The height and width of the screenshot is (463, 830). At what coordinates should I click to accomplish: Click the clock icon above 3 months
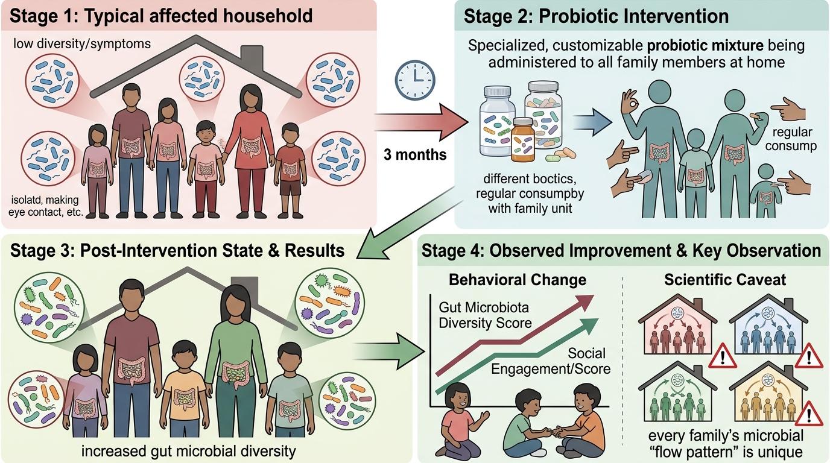[x=414, y=80]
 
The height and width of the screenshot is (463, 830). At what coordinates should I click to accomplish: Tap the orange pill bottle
[x=523, y=140]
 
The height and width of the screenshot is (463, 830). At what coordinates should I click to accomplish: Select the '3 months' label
[x=415, y=154]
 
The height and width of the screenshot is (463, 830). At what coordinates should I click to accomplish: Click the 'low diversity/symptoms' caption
[x=82, y=43]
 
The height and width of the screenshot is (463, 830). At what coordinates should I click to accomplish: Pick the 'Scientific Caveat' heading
[x=725, y=280]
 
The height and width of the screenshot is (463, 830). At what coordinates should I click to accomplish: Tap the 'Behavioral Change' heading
[x=518, y=280]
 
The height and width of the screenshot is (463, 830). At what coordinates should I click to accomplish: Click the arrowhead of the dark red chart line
[x=584, y=302]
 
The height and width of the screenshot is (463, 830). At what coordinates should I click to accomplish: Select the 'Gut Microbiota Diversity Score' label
[x=485, y=315]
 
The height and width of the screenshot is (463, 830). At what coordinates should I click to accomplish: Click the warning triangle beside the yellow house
[x=808, y=413]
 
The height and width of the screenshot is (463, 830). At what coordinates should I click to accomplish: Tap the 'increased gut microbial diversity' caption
[x=189, y=451]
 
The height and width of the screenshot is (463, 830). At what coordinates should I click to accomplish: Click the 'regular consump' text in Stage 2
[x=791, y=139]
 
